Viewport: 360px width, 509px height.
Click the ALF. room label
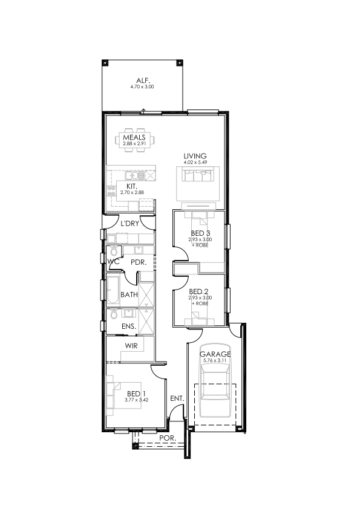point(142,80)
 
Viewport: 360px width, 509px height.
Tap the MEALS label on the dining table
point(134,137)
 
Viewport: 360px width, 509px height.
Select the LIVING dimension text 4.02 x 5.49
point(195,162)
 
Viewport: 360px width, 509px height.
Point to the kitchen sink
point(135,176)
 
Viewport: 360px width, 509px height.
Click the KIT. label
point(131,186)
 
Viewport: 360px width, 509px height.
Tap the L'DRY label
point(129,223)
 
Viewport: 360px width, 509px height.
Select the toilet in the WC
point(114,251)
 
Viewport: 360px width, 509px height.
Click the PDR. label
point(139,262)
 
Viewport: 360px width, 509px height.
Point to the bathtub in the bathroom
point(114,290)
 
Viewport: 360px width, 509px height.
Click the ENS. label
point(129,326)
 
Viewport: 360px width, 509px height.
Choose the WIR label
point(131,346)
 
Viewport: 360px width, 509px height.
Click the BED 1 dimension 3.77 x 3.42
point(137,400)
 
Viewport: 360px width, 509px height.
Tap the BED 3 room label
point(200,233)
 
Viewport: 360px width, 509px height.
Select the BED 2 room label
point(198,291)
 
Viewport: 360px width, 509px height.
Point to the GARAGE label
point(215,354)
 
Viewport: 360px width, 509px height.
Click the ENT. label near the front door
point(177,398)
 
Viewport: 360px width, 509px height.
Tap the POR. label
point(168,438)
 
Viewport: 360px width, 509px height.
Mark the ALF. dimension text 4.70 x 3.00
point(142,86)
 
